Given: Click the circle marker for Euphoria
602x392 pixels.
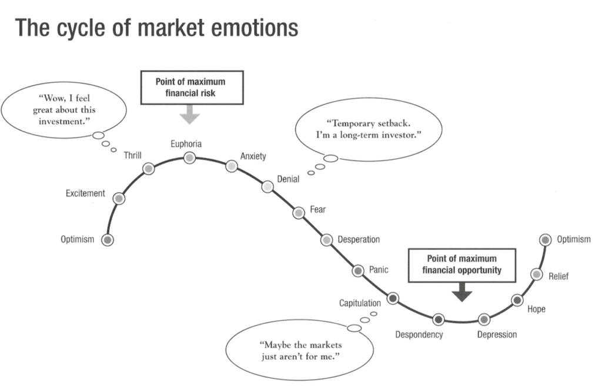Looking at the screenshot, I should pyautogui.click(x=189, y=158).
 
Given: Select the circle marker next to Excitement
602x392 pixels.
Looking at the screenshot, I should pyautogui.click(x=120, y=199).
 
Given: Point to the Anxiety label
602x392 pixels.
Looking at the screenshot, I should pyautogui.click(x=253, y=156).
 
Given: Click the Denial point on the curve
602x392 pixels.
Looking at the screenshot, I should pyautogui.click(x=267, y=187).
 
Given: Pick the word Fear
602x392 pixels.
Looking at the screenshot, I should pyautogui.click(x=317, y=209).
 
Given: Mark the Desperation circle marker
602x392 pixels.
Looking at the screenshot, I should pyautogui.click(x=327, y=240).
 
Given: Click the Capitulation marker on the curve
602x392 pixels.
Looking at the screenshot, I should pyautogui.click(x=393, y=299).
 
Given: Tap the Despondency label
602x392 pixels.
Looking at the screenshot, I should pyautogui.click(x=419, y=335).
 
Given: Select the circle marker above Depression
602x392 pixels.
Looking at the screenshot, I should pyautogui.click(x=484, y=319).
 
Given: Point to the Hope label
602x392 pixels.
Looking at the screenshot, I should pyautogui.click(x=536, y=309).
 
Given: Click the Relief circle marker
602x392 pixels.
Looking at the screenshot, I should pyautogui.click(x=536, y=274).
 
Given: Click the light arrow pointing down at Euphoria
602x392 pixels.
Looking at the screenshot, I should pyautogui.click(x=189, y=115).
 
